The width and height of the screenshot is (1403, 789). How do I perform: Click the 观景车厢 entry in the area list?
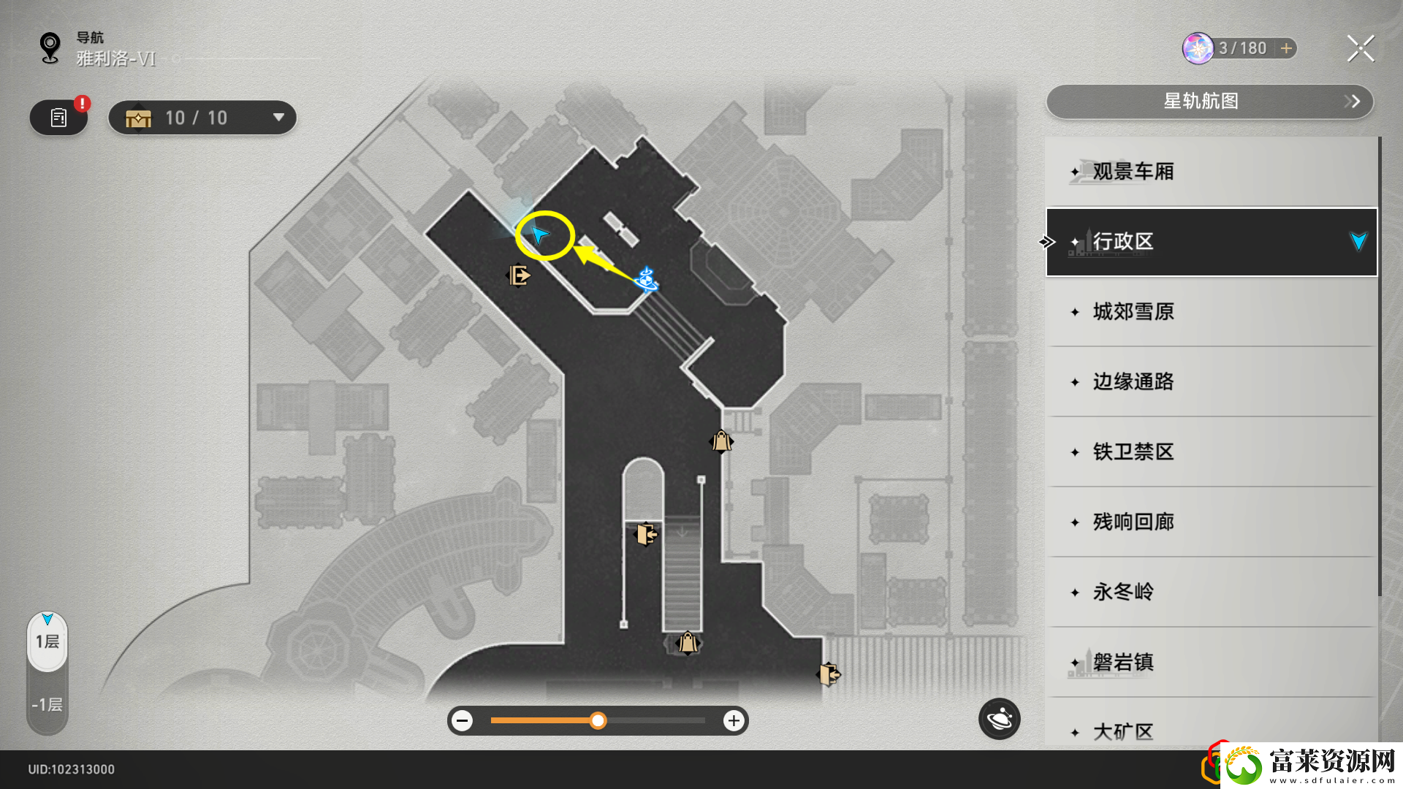1211,172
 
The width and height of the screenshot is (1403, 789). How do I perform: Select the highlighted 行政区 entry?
1211,242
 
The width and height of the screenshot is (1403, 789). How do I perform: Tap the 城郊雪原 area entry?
1211,312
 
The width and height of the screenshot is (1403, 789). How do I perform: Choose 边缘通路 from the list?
1211,382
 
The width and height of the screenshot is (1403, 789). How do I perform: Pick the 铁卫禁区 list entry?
1211,452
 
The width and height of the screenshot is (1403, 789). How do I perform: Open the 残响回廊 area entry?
1211,522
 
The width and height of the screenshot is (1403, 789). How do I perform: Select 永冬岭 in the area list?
1211,592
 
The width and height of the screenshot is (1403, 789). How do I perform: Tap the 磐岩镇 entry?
1211,663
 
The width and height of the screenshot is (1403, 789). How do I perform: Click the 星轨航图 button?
1209,102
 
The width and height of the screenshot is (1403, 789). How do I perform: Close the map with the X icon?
1361,49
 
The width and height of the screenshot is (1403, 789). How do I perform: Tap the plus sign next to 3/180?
1287,48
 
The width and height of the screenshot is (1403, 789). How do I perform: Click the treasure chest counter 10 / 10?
202,118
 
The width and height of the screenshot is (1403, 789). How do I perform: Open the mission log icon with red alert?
59,118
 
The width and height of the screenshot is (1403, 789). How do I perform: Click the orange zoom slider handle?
598,721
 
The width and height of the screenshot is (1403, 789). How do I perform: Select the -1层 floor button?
47,704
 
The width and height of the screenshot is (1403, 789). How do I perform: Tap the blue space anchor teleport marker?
646,278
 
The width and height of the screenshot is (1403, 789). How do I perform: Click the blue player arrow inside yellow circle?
540,235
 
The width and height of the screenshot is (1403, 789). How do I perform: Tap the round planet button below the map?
999,720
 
